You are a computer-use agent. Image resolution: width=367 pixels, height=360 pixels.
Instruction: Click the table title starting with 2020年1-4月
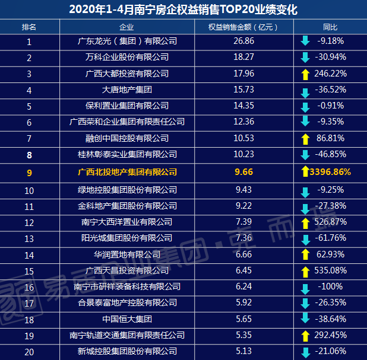pos(183,9)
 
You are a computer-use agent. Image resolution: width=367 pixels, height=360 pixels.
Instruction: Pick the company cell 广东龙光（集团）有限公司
pos(127,42)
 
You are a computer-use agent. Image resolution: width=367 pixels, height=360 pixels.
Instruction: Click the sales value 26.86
pos(244,42)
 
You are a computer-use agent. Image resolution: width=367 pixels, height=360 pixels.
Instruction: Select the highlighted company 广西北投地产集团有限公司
pos(127,172)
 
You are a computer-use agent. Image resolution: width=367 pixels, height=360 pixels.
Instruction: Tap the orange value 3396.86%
pos(330,173)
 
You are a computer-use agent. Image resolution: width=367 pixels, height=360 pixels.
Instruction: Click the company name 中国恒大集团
pos(127,318)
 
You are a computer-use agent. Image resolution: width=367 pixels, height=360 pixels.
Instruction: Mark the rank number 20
pos(29,352)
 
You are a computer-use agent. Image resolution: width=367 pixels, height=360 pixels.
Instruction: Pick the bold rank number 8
pos(29,155)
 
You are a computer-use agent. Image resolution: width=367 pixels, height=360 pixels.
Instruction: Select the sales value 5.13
pos(244,352)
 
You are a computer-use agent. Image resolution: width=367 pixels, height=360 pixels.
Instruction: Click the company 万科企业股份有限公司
pos(127,58)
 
